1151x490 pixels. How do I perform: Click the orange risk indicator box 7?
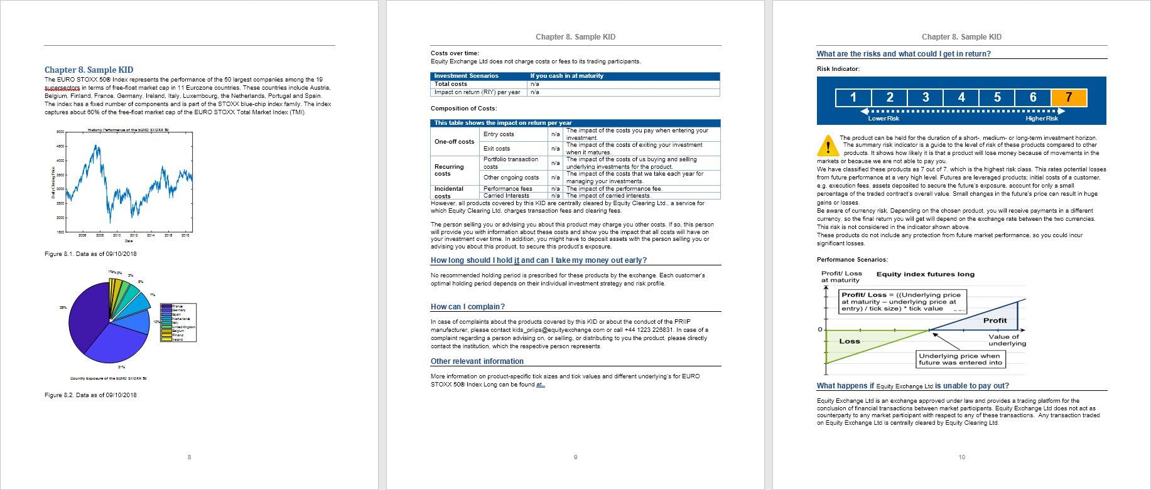pyautogui.click(x=1068, y=97)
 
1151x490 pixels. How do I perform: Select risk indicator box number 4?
pyautogui.click(x=961, y=97)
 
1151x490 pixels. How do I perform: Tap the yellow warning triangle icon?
pyautogui.click(x=828, y=146)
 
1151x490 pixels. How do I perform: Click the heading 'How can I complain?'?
pyautogui.click(x=467, y=307)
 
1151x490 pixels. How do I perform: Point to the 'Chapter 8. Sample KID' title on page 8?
pyautogui.click(x=89, y=70)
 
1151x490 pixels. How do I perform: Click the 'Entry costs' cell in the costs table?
pyautogui.click(x=499, y=134)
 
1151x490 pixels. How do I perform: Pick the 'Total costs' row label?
pyautogui.click(x=450, y=84)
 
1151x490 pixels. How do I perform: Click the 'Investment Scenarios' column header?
pyautogui.click(x=466, y=76)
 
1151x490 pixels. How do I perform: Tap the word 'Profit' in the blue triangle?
pyautogui.click(x=995, y=321)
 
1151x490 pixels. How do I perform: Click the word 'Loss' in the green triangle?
pyautogui.click(x=850, y=341)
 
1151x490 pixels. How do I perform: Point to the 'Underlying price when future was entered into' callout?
pyautogui.click(x=960, y=359)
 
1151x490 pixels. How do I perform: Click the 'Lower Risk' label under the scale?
pyautogui.click(x=884, y=119)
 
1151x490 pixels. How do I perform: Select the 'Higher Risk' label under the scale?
pyautogui.click(x=1042, y=119)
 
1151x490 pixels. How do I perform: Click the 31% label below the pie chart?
pyautogui.click(x=121, y=367)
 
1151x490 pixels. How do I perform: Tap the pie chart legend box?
pyautogui.click(x=178, y=322)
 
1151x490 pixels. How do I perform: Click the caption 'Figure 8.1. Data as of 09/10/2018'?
pyautogui.click(x=90, y=254)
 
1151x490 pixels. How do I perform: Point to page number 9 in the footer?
pyautogui.click(x=575, y=457)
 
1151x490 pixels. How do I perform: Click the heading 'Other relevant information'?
pyautogui.click(x=477, y=361)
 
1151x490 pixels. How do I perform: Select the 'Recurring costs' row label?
pyautogui.click(x=449, y=170)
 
